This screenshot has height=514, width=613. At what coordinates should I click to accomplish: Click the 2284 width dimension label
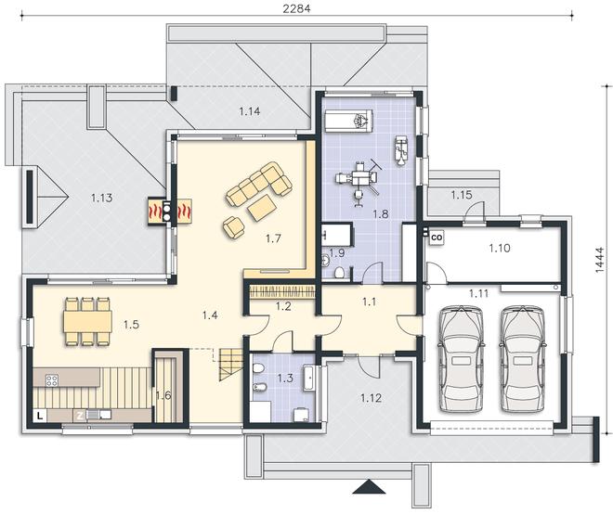coord(297,8)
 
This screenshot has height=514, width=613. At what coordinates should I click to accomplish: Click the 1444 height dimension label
coord(600,260)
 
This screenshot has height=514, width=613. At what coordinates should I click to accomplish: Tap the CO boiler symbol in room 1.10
coord(437,238)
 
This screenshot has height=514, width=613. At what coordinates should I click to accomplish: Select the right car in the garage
coord(523,359)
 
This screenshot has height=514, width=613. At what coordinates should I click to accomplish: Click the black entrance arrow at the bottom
coord(368,488)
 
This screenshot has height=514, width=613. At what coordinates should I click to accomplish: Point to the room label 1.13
coord(101,198)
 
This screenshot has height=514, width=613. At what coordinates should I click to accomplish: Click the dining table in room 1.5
coord(87,321)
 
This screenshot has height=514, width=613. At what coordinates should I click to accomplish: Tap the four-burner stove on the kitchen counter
coord(52,380)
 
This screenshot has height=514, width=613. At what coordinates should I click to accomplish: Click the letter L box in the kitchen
coord(40,416)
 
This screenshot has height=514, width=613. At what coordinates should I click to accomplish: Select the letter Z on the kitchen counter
coord(79,416)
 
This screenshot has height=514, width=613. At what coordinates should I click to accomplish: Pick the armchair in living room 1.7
coord(234,227)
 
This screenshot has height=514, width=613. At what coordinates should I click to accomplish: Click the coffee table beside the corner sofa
coord(262,208)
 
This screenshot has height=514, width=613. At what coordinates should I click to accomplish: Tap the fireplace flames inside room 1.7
coord(184,212)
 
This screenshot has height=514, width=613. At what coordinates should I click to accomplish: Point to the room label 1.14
coord(250,111)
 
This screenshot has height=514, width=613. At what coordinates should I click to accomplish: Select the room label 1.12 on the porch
coord(371,398)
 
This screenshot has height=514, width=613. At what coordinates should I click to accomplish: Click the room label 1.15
coord(462,195)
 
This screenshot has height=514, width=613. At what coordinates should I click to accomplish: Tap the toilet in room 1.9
coord(339,272)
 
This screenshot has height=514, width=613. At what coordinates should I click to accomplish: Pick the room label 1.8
coord(380,214)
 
